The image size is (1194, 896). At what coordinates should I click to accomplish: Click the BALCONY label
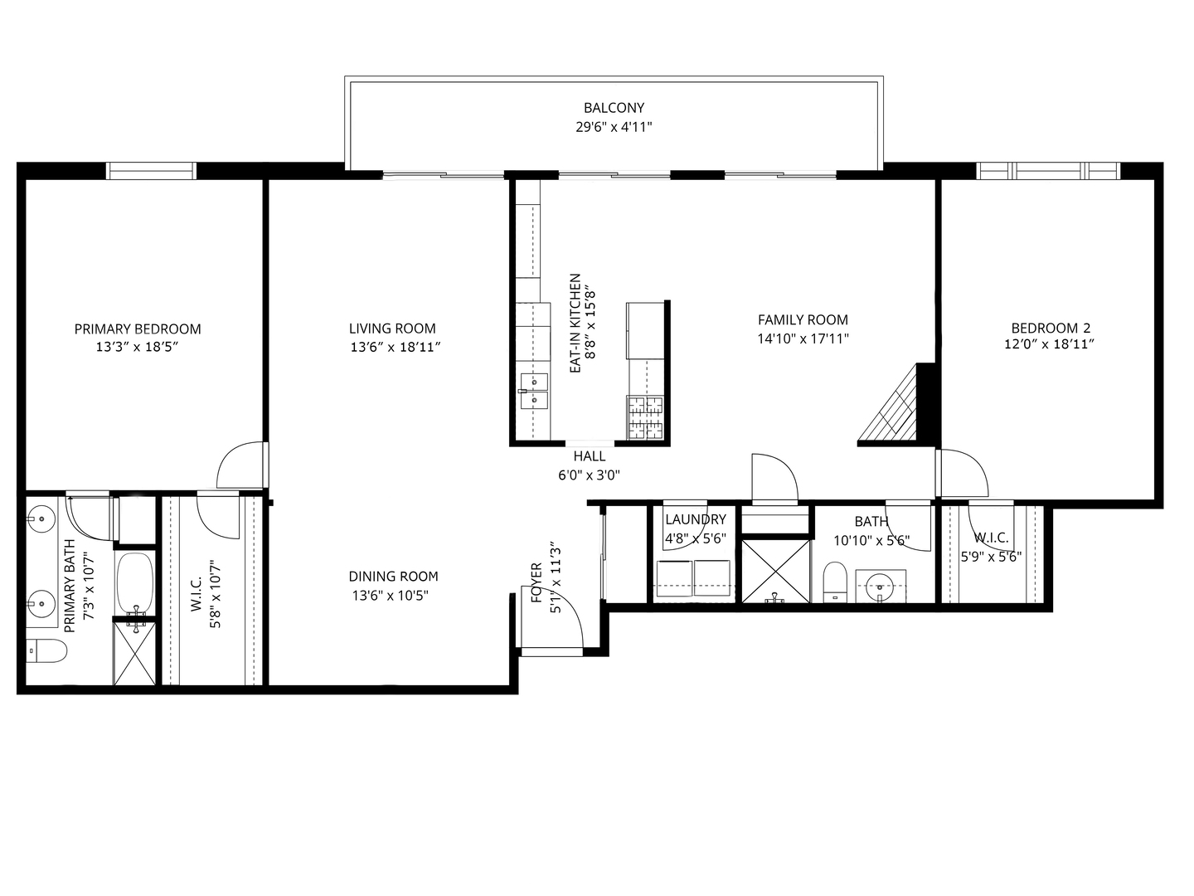[x=614, y=108]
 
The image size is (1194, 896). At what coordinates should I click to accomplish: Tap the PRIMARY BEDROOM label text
[x=138, y=329]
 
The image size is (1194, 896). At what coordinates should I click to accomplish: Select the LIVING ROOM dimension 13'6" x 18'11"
[x=394, y=347]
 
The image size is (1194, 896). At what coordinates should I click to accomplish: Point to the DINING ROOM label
[x=393, y=577]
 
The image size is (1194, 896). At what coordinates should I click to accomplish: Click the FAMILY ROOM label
[x=803, y=319]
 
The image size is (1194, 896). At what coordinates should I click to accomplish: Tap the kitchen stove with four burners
[x=646, y=417]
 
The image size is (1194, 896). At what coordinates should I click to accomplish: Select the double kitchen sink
[x=534, y=392]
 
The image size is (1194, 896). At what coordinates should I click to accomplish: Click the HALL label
[x=589, y=456]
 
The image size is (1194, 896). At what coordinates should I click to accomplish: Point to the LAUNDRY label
[x=695, y=519]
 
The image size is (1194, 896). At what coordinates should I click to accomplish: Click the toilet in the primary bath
[x=46, y=651]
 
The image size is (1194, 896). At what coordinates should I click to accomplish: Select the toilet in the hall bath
[x=835, y=582]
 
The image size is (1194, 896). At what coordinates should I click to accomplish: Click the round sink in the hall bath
[x=880, y=587]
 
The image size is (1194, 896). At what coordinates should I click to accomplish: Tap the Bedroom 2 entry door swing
[x=963, y=471]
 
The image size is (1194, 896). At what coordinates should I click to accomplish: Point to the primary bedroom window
[x=152, y=171]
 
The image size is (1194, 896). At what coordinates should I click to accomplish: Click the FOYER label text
[x=536, y=582]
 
